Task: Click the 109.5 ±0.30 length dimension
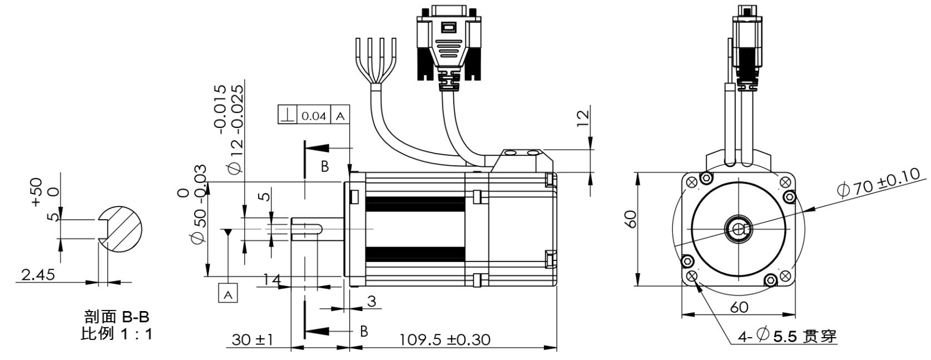tap(445, 339)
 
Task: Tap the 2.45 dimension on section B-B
tap(37, 274)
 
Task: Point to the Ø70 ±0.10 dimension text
tap(882, 183)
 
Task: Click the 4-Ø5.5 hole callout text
tap(786, 336)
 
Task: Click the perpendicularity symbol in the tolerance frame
tap(287, 116)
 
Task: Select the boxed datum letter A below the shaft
tap(228, 293)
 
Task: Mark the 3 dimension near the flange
tap(372, 302)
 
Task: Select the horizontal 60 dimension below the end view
tap(738, 307)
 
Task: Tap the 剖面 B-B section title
tap(117, 318)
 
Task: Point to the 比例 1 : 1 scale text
tap(117, 334)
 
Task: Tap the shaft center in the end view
tap(738, 229)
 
